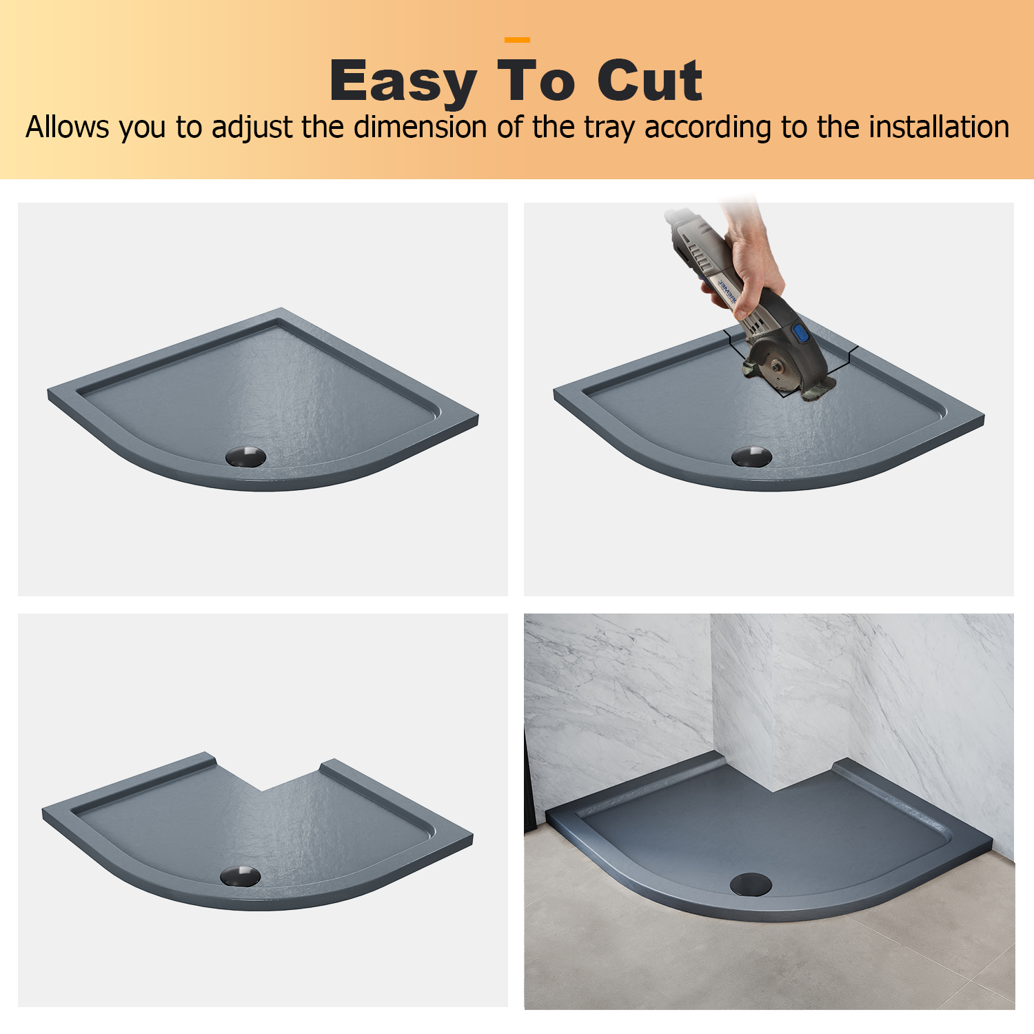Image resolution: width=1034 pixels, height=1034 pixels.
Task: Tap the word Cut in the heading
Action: pyautogui.click(x=649, y=81)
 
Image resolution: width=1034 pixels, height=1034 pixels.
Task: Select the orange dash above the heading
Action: pyautogui.click(x=517, y=40)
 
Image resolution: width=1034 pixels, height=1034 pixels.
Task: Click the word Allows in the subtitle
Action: pyautogui.click(x=68, y=128)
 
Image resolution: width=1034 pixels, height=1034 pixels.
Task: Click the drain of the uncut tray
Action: pyautogui.click(x=246, y=456)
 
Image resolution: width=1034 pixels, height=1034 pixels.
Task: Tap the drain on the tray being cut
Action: pyautogui.click(x=752, y=456)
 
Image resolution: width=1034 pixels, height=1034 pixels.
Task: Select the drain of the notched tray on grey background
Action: pyautogui.click(x=241, y=875)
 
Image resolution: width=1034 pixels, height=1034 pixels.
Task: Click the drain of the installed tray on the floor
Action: pyautogui.click(x=750, y=884)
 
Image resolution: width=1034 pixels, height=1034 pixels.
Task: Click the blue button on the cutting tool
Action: pyautogui.click(x=801, y=335)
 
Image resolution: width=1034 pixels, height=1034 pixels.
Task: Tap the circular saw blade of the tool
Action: pyautogui.click(x=775, y=365)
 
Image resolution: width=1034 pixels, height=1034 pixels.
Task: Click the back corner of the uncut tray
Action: pyautogui.click(x=281, y=310)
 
